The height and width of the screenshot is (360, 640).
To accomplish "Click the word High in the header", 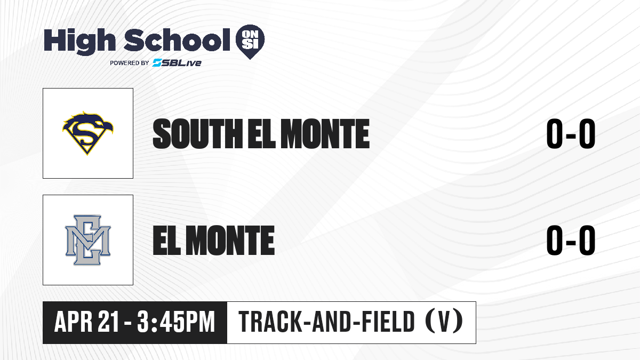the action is tap(79, 42).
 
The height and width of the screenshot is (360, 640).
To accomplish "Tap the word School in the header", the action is tap(177, 41).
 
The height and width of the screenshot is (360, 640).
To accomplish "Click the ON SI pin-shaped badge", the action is tap(250, 42).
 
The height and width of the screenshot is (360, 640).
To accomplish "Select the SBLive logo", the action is tap(177, 63).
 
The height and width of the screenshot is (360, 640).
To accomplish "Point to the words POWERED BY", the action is tap(130, 63).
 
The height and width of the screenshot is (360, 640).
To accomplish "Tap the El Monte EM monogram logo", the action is tap(87, 240).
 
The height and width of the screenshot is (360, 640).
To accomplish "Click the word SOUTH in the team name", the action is tap(198, 134).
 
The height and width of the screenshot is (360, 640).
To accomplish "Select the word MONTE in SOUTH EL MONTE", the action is tap(325, 134).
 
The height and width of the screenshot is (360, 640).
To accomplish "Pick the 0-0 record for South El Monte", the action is tap(571, 134).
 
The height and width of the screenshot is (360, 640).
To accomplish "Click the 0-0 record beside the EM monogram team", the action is tap(571, 240).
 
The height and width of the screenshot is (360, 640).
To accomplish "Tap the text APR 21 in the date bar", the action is tap(86, 322).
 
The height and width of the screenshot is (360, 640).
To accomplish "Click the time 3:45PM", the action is tap(175, 322).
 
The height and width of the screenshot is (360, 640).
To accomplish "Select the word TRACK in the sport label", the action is tap(270, 322).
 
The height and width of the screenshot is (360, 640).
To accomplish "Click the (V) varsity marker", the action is tap(444, 322).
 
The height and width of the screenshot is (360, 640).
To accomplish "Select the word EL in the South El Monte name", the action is tap(262, 134).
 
